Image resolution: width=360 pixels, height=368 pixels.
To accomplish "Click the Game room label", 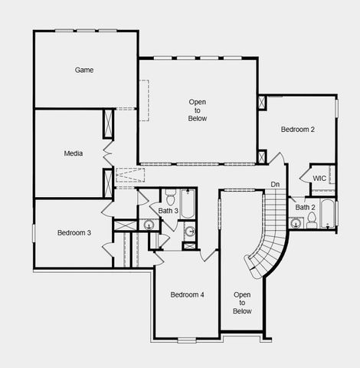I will pos(84,70).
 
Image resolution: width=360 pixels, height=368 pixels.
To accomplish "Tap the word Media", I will pos(74,153).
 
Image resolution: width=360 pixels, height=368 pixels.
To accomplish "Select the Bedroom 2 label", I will pos(297,130).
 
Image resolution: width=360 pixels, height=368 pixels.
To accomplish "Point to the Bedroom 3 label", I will pos(74,232).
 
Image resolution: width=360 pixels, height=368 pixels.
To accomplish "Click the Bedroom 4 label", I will pos(187,295).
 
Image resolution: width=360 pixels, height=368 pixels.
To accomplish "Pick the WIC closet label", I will pos(319,178).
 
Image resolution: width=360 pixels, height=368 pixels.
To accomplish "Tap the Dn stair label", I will pos(275,184).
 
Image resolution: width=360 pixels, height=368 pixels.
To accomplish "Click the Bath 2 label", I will pos(306,207).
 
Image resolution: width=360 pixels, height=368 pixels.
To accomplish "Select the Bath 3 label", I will pos(169,210).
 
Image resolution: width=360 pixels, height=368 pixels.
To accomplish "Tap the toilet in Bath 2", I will pos(312,219).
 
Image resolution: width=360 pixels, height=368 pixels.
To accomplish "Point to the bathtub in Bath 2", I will pos(329,214).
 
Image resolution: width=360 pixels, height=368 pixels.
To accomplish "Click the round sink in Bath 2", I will pos(295,224).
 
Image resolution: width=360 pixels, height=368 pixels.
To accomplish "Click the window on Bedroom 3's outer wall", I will pos(33,232).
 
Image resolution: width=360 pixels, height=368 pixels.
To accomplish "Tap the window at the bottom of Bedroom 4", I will pos(187,339).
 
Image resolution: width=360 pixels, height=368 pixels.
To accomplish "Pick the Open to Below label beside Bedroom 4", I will pos(242,303).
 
